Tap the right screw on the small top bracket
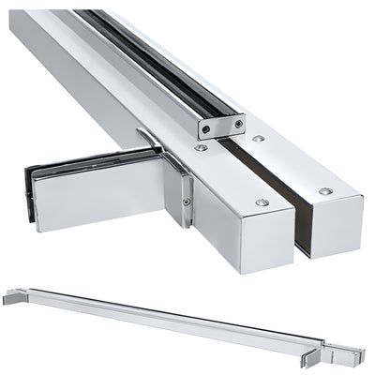(239, 123)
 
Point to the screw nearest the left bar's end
(262, 202)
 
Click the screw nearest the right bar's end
(324, 191)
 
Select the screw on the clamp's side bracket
(186, 202)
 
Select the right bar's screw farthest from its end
(258, 138)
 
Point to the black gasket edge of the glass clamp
(31, 196)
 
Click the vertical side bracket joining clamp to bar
(181, 192)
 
